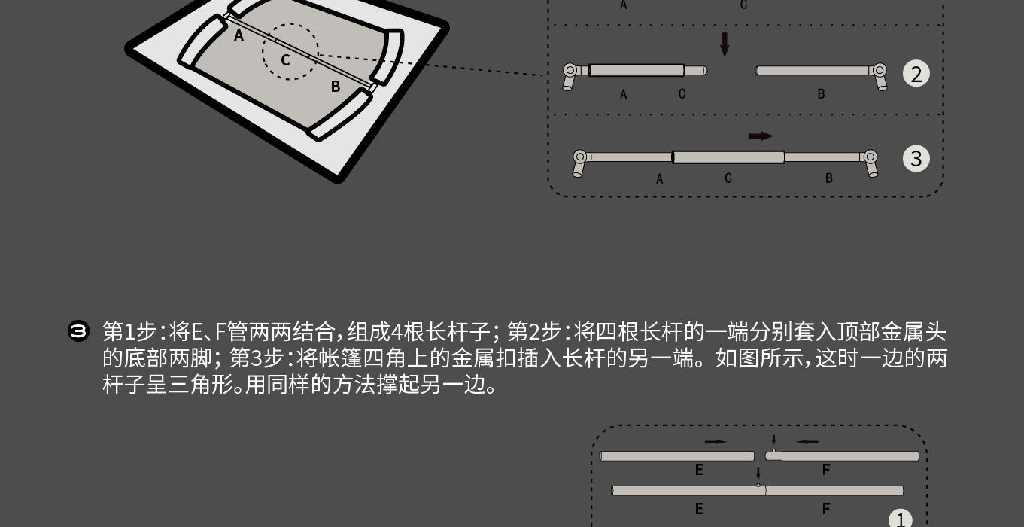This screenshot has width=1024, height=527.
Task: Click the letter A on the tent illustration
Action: click(x=239, y=35)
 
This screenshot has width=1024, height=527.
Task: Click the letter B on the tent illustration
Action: click(x=336, y=87)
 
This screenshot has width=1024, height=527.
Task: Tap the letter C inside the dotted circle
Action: click(x=286, y=59)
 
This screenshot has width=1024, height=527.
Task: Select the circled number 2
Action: click(x=916, y=74)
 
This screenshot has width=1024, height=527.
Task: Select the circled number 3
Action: click(x=916, y=158)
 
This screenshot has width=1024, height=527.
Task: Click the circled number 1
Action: click(x=900, y=519)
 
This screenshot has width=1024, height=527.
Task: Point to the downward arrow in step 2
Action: click(x=725, y=44)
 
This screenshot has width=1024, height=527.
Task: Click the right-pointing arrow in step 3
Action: click(x=761, y=136)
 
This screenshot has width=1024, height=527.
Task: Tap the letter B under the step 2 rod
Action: click(x=821, y=94)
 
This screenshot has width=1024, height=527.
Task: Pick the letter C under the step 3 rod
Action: click(x=728, y=178)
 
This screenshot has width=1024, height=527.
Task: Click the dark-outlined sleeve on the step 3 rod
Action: click(x=728, y=157)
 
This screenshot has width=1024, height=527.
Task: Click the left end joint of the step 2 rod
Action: click(x=571, y=73)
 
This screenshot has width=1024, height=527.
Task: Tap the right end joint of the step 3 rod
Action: click(x=870, y=159)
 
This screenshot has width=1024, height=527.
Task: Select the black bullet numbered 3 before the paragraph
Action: click(x=78, y=331)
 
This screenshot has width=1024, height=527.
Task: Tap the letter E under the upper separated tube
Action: click(x=699, y=471)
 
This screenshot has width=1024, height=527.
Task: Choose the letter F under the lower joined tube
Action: click(x=826, y=509)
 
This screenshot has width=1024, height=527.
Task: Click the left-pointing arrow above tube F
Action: click(x=807, y=442)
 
